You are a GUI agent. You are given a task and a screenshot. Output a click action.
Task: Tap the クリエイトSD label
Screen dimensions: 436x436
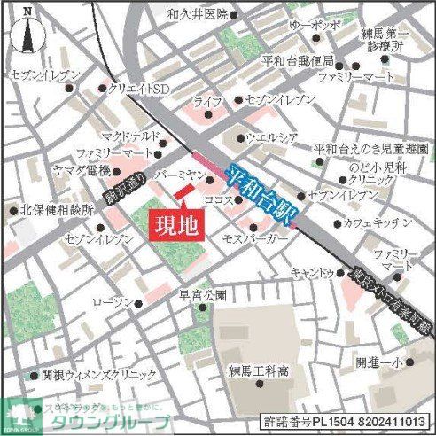click(139, 90)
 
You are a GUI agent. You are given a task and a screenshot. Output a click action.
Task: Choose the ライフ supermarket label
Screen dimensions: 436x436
click(208, 103)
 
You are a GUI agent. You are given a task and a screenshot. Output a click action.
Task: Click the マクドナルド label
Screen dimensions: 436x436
click(129, 136)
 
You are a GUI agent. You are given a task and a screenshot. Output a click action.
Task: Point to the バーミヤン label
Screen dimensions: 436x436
click(180, 176)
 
